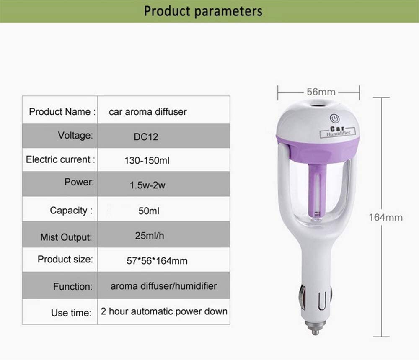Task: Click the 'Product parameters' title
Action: [x=203, y=11]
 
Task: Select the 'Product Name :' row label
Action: [x=62, y=112]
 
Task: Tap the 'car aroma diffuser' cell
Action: [x=148, y=112]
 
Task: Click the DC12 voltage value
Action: [x=146, y=137]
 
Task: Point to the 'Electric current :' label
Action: [x=60, y=159]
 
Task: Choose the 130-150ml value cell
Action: [x=147, y=160]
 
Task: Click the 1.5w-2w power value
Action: [x=147, y=185]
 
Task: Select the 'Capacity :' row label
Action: [x=71, y=211]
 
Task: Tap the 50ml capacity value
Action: [x=149, y=211]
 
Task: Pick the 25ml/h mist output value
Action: [x=150, y=236]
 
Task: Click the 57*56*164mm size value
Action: [x=157, y=261]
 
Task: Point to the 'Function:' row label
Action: [x=72, y=287]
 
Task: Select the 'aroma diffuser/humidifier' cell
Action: [x=163, y=286]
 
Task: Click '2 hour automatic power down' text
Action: [x=164, y=311]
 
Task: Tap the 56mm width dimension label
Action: [x=321, y=92]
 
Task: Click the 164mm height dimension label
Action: [x=385, y=217]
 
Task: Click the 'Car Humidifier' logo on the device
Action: [x=338, y=131]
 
